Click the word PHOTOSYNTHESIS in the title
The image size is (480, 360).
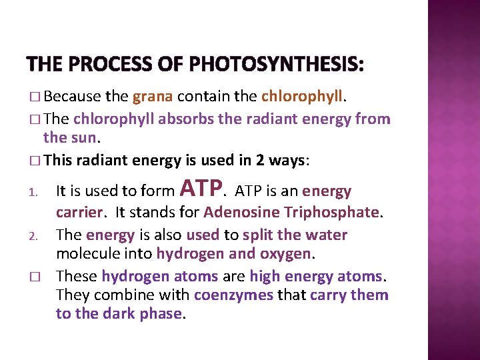pos(276,65)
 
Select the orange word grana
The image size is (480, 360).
pos(153,97)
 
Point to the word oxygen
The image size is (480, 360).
pos(287,254)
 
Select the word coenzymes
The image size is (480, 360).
pos(233,295)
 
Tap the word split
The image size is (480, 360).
pos(259,235)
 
